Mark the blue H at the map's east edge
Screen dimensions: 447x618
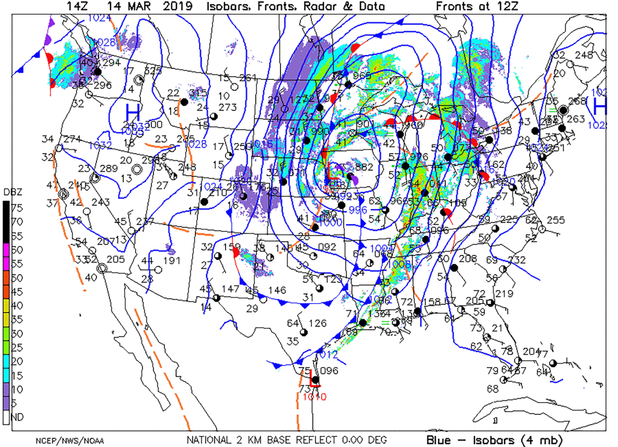point(599,106)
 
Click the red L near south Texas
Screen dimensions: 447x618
point(314,381)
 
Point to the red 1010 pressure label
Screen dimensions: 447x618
point(314,396)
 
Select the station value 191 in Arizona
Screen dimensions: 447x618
point(172,261)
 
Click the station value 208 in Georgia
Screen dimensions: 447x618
point(468,259)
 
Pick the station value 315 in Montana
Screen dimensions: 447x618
point(199,92)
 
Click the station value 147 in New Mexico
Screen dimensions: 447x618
point(231,289)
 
